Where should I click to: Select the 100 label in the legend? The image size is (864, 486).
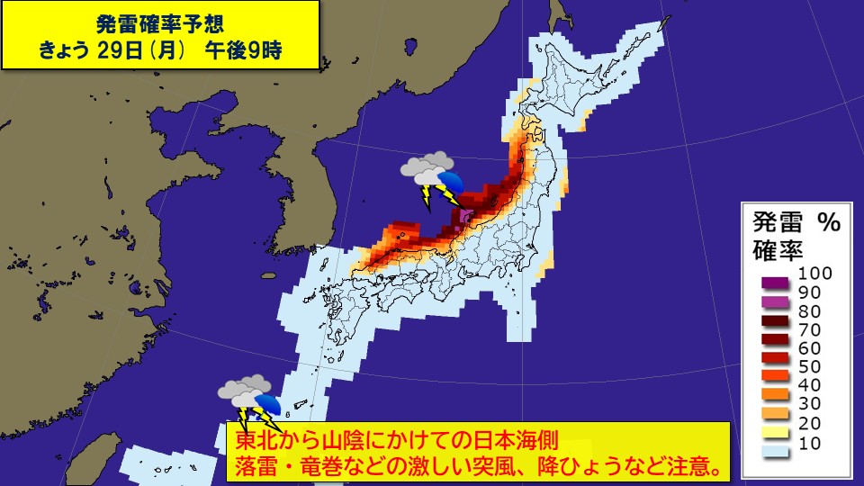click(815, 273)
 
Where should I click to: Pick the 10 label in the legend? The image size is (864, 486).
click(810, 443)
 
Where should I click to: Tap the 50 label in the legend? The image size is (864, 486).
click(810, 367)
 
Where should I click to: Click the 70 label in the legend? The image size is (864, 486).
click(810, 329)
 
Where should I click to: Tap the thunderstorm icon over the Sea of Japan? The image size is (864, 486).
click(431, 178)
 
